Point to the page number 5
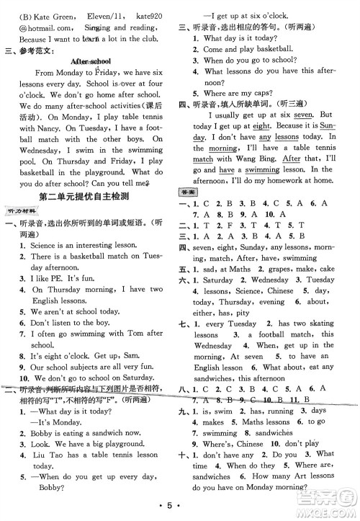pos(180,511)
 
